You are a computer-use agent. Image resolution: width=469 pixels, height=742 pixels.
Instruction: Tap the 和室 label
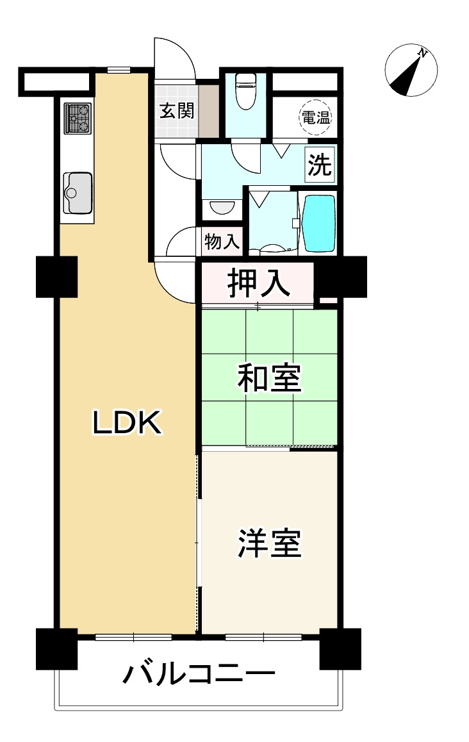point(269,377)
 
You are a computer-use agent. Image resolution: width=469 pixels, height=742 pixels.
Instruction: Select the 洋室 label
point(269,543)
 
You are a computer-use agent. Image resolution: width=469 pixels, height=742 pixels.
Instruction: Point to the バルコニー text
point(199,675)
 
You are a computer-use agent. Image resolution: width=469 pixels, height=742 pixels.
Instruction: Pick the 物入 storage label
point(222,242)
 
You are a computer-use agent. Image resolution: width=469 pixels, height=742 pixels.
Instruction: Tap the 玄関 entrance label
point(176,111)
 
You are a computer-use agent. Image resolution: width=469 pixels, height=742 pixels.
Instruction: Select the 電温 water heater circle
point(315,118)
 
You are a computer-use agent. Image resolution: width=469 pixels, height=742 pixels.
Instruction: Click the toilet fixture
point(245,90)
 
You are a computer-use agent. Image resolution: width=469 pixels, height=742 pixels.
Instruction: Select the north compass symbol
point(411,70)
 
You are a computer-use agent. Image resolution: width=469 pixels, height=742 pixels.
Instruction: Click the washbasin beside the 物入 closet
point(222,208)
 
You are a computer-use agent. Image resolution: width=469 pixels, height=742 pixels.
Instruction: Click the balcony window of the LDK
point(133,636)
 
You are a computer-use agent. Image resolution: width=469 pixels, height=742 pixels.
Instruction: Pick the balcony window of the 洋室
point(263,636)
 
